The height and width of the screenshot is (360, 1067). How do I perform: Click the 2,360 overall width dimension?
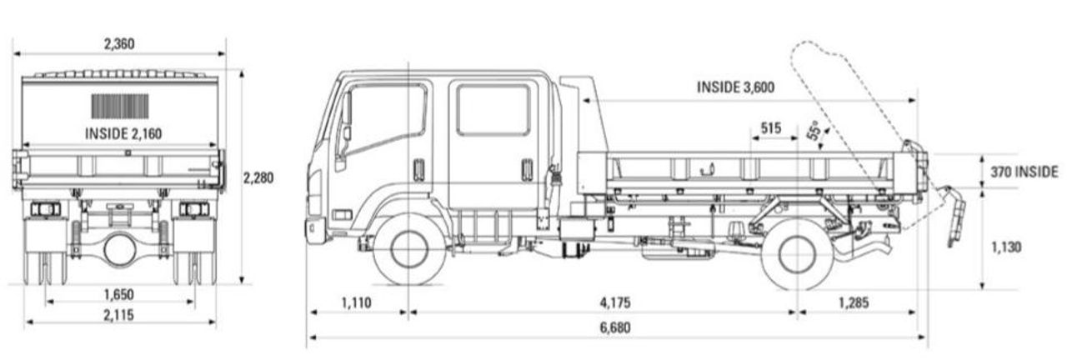[120, 43]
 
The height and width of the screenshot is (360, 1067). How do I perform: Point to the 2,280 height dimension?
[258, 177]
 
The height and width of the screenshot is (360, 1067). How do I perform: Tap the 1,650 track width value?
[119, 294]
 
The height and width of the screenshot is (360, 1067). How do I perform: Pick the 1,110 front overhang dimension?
[356, 302]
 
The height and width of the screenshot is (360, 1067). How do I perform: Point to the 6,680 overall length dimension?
[614, 327]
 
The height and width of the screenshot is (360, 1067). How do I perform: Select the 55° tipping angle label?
[815, 132]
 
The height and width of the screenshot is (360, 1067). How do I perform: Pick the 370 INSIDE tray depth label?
[1024, 172]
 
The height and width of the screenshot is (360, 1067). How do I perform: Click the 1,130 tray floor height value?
[1008, 247]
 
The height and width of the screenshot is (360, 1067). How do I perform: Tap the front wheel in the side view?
[409, 249]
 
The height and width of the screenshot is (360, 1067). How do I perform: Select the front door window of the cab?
[385, 117]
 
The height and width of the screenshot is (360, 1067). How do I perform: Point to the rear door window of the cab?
[493, 110]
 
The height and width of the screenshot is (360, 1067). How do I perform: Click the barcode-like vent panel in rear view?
[120, 106]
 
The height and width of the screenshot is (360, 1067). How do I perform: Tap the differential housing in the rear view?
[120, 249]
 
